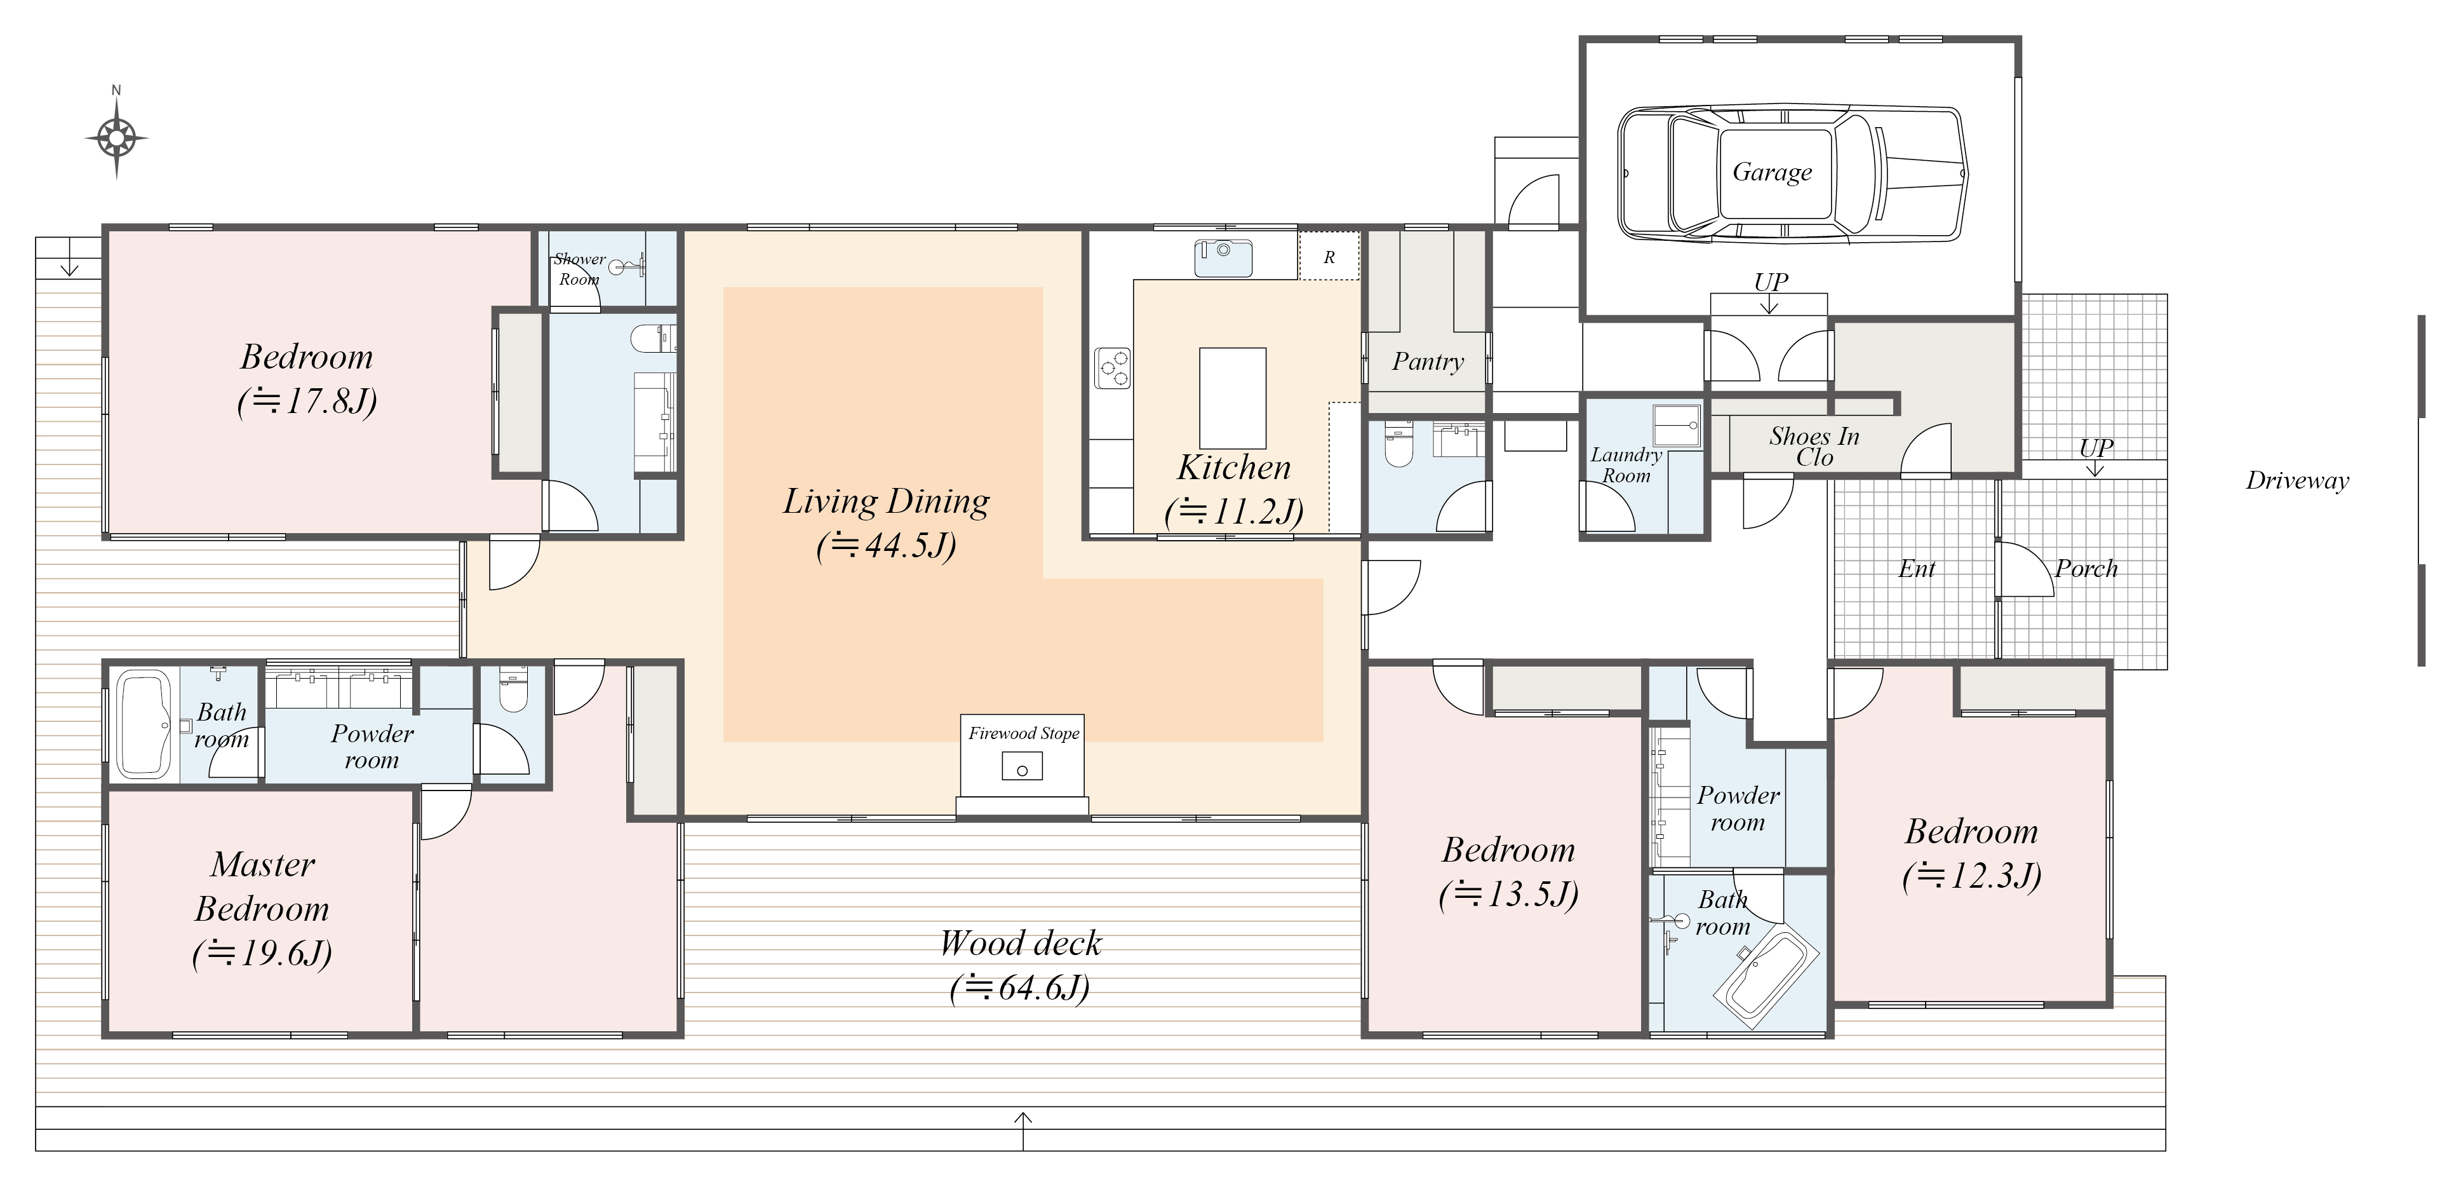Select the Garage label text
(x=1772, y=172)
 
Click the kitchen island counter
(x=1233, y=398)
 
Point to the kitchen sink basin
(x=1223, y=257)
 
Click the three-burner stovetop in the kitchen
(x=1113, y=368)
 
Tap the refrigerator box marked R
(x=1329, y=256)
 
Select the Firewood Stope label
(x=1023, y=733)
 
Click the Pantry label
(x=1427, y=362)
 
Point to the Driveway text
(x=2297, y=481)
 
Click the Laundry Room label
(x=1626, y=465)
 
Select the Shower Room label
(x=579, y=269)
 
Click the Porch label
(x=2086, y=569)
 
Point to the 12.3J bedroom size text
(x=1972, y=876)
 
